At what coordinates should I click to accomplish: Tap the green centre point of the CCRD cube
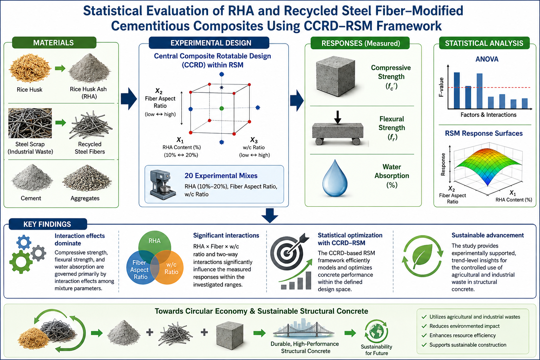pyautogui.click(x=221, y=109)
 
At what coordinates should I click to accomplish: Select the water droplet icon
pyautogui.click(x=335, y=178)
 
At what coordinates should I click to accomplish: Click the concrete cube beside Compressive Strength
pyautogui.click(x=336, y=76)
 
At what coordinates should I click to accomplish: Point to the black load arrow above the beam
pyautogui.click(x=337, y=117)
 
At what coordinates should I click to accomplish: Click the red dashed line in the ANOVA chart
pyautogui.click(x=489, y=87)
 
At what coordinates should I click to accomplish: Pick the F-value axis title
pyautogui.click(x=441, y=87)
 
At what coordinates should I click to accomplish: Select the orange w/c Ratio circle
pyautogui.click(x=169, y=268)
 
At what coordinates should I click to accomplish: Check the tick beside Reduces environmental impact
pyautogui.click(x=424, y=326)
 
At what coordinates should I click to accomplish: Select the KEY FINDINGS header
pyautogui.click(x=48, y=224)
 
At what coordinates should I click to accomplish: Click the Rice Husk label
pyautogui.click(x=30, y=90)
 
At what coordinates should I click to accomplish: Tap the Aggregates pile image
pyautogui.click(x=87, y=178)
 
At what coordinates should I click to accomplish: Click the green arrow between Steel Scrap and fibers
pyautogui.click(x=60, y=122)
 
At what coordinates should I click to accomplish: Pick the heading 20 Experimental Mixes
pyautogui.click(x=221, y=175)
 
